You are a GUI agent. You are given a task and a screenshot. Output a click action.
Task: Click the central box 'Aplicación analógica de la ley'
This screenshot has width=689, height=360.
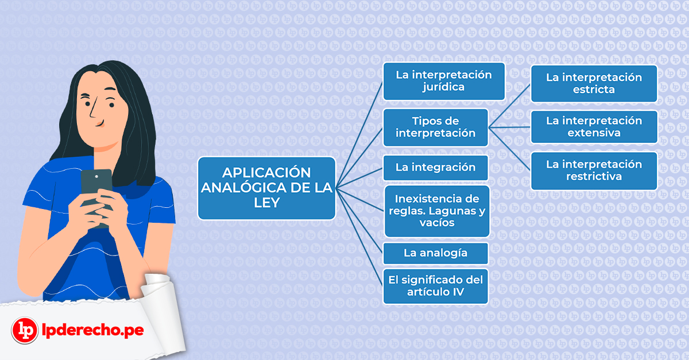coord(266,188)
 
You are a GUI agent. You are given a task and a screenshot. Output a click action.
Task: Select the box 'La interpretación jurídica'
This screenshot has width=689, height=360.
coord(444,81)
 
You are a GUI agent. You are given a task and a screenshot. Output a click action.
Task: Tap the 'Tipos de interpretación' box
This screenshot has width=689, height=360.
coord(436,127)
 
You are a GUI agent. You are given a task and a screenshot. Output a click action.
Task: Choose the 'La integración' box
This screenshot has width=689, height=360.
coord(436,168)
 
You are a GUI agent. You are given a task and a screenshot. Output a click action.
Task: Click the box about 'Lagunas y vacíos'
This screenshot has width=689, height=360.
coord(437,211)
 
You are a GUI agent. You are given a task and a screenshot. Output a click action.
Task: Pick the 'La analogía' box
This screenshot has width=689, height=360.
coord(436,253)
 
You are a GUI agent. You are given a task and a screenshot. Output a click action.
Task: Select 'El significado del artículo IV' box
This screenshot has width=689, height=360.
coord(436,286)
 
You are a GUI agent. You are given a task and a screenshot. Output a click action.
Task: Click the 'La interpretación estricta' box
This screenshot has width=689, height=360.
coord(594,83)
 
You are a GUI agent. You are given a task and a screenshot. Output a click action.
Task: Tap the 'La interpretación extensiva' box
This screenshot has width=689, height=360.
coord(594,127)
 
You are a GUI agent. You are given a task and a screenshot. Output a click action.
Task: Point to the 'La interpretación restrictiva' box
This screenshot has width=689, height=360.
coord(594,171)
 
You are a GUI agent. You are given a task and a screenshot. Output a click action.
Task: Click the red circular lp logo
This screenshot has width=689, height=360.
coord(25,330)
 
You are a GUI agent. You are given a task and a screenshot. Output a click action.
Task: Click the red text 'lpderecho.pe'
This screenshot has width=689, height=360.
coord(92,330)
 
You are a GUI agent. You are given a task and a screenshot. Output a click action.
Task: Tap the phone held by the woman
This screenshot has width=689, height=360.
coord(96,197)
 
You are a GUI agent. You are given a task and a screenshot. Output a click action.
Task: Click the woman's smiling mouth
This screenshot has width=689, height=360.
coord(100,123)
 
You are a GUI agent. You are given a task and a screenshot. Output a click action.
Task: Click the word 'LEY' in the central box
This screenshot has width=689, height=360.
coord(266,203)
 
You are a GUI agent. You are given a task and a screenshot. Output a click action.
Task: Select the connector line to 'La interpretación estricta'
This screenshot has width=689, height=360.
coord(509,106)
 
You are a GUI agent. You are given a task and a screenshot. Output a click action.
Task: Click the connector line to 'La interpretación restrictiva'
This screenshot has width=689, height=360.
coord(509,149)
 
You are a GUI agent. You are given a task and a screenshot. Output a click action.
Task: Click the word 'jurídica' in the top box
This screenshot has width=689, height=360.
coord(443,87)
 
